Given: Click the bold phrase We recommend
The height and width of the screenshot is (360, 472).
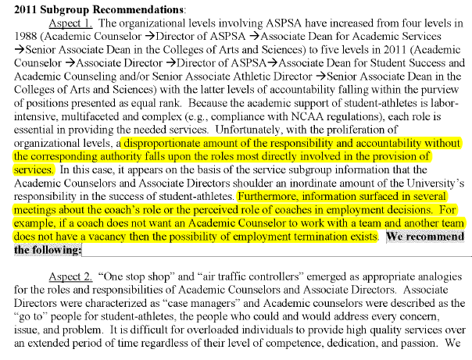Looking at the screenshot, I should [x=426, y=237].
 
